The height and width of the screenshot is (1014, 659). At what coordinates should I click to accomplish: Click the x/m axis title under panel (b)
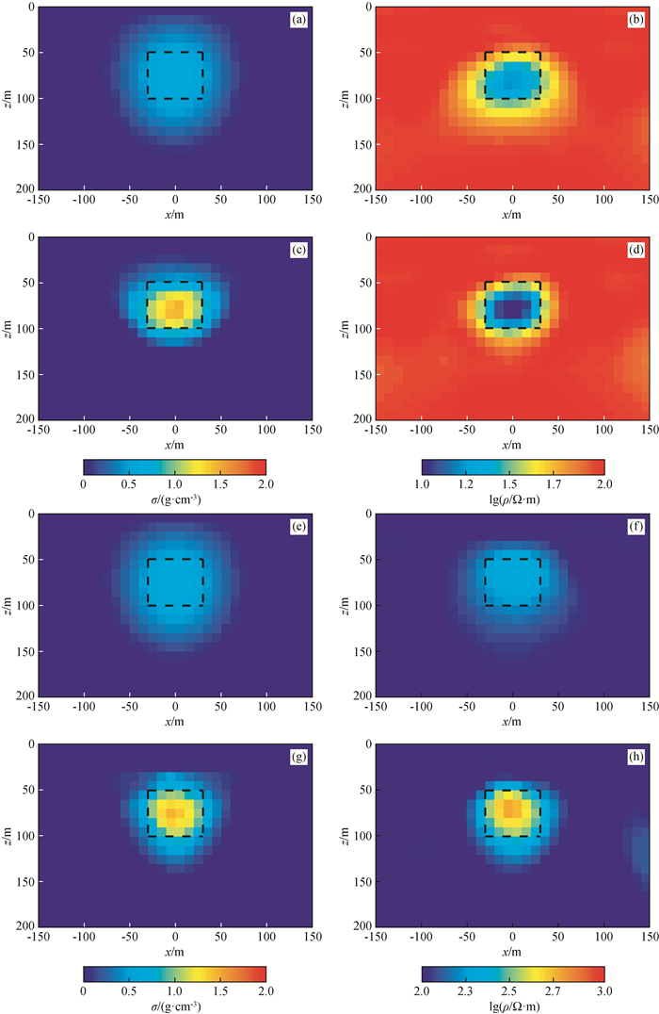tap(512, 215)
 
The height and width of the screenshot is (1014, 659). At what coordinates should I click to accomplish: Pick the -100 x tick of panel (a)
tap(83, 201)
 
